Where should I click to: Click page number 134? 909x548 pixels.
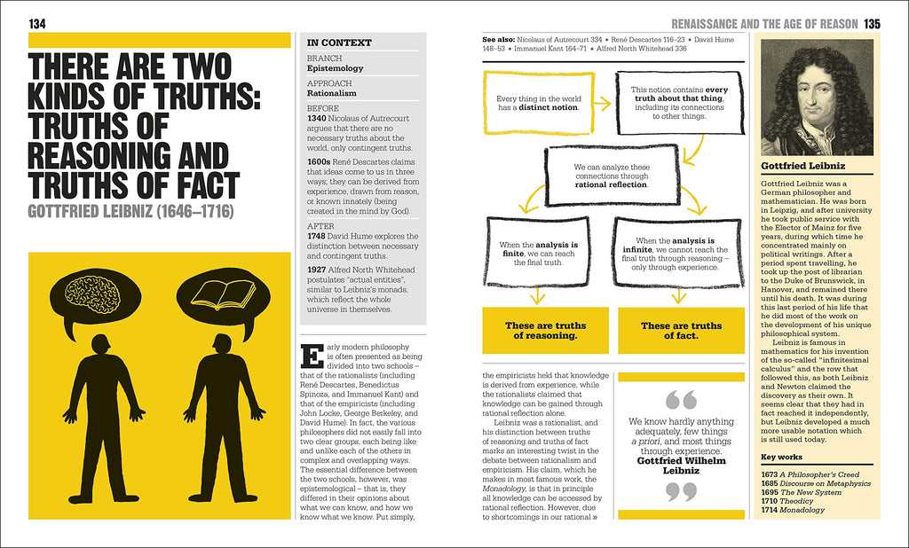pos(37,24)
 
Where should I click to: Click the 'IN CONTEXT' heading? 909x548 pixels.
pos(339,43)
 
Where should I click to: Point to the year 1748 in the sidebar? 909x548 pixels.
pos(318,237)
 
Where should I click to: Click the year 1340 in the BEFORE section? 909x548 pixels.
pos(318,118)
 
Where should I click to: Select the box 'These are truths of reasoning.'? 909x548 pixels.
pos(545,331)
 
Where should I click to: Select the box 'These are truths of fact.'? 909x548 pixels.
pos(681,331)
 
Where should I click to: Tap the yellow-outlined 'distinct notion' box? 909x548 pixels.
pos(537,103)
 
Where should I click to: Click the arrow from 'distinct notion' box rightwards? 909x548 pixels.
pos(601,104)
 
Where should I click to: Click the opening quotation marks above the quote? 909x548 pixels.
pos(681,400)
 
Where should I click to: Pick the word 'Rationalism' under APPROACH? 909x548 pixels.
pos(332,92)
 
